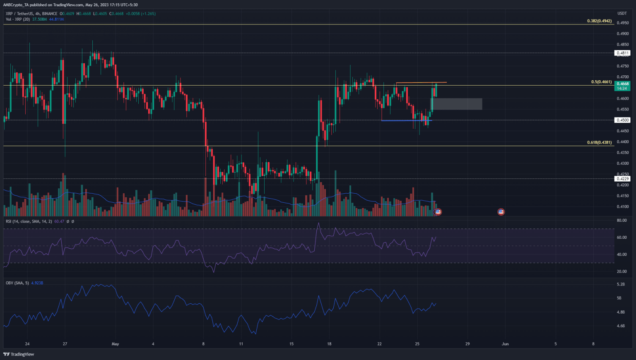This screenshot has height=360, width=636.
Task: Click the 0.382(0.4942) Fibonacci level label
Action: pyautogui.click(x=599, y=21)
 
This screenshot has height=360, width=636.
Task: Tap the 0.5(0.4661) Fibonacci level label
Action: pyautogui.click(x=601, y=82)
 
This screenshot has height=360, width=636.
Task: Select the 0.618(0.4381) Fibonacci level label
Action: pyautogui.click(x=599, y=142)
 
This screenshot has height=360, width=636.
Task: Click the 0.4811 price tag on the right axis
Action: pyautogui.click(x=622, y=53)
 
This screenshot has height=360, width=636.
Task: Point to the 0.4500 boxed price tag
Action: pyautogui.click(x=622, y=120)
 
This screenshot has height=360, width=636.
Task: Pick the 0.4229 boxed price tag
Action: pyautogui.click(x=622, y=179)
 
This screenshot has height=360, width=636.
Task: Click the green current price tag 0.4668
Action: pyautogui.click(x=622, y=84)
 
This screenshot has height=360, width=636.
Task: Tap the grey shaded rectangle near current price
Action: pyautogui.click(x=457, y=104)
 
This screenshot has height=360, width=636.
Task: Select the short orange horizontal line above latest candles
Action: pyautogui.click(x=421, y=83)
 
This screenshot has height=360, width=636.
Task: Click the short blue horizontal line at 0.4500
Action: pyautogui.click(x=406, y=120)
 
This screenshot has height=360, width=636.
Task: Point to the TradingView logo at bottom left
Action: pyautogui.click(x=19, y=354)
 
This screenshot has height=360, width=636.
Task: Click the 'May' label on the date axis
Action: pyautogui.click(x=115, y=344)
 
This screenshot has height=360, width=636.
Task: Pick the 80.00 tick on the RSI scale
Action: pyautogui.click(x=622, y=221)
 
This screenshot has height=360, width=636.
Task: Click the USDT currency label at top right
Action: pyautogui.click(x=622, y=13)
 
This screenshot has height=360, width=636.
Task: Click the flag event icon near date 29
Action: pyautogui.click(x=501, y=212)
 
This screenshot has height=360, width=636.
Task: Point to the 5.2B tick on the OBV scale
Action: pyautogui.click(x=621, y=284)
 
